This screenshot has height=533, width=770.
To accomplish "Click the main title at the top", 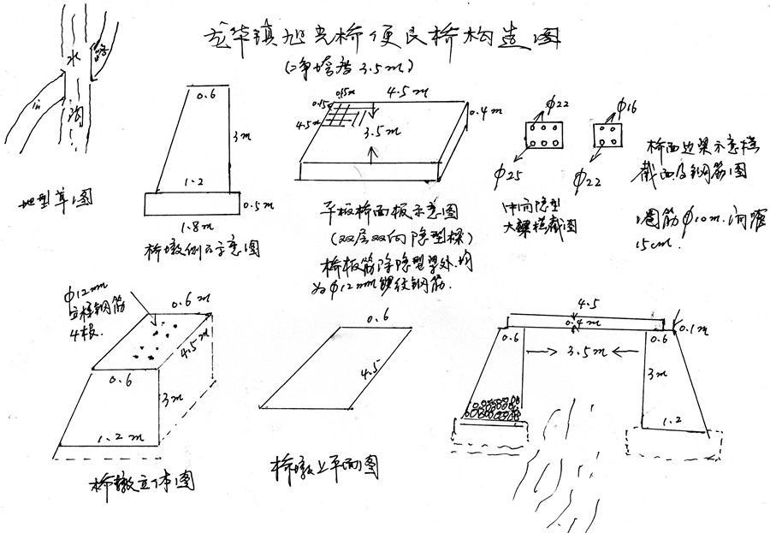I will (385, 36).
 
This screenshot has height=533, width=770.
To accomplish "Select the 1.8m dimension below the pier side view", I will (192, 226).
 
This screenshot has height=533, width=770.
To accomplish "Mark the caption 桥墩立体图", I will (141, 483).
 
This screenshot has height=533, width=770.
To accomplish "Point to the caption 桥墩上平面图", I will (324, 466).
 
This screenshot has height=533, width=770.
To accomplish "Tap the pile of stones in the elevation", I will (493, 409).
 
